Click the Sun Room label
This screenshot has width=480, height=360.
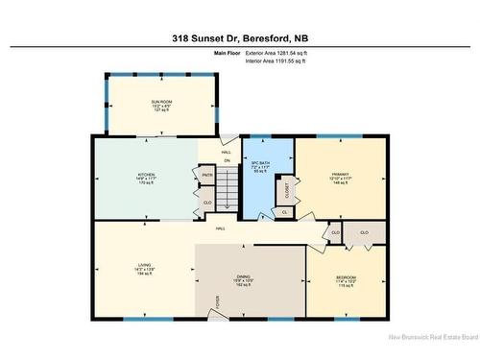pos(159,101)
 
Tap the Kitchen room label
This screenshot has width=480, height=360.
pos(145,174)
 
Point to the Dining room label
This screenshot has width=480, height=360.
pos(244,277)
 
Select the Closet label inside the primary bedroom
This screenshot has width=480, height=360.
pos(287,190)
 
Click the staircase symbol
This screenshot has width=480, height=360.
pos(227,188)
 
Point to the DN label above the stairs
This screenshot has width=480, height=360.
pos(228,159)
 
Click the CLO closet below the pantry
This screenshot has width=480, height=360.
pos(207,203)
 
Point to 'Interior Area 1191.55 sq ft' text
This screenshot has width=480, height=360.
pos(285,60)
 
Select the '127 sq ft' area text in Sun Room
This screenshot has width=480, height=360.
pos(159,110)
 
